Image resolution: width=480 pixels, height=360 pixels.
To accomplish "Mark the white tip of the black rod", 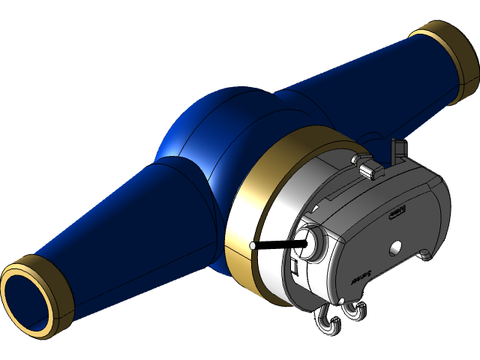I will [x=253, y=246].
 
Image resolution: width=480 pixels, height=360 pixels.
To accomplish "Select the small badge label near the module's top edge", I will [x=397, y=212].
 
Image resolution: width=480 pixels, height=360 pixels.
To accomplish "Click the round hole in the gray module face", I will [x=396, y=248].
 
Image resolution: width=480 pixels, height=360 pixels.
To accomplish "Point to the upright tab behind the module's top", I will [x=399, y=149].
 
